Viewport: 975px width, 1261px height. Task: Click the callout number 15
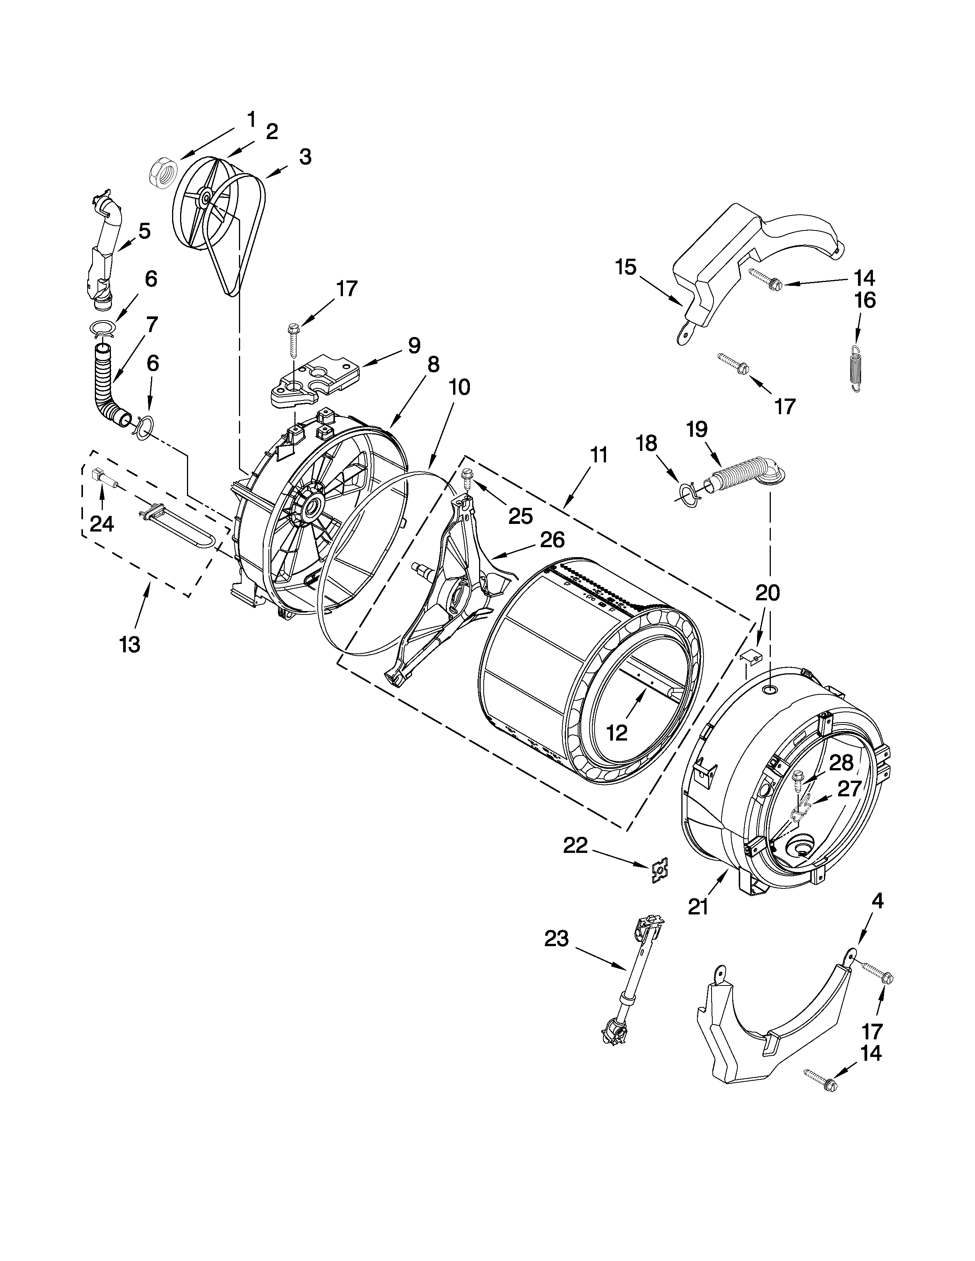tap(626, 267)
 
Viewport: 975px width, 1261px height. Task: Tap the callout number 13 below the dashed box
tap(130, 644)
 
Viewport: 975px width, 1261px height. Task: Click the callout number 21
tap(698, 907)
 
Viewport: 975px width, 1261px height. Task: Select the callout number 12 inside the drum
tap(617, 733)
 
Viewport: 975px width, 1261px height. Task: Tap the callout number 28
tap(841, 763)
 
